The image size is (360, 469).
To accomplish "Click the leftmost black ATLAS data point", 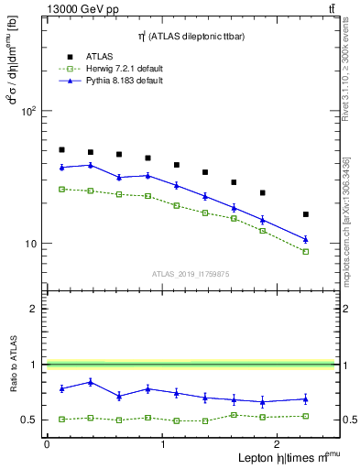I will click(61, 149).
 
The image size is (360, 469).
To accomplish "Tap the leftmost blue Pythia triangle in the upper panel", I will click(61, 167).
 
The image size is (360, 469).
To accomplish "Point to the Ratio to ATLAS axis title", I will click(15, 365).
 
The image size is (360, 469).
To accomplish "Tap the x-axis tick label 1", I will click(163, 444).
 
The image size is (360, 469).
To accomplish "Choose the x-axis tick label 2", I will click(279, 444).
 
